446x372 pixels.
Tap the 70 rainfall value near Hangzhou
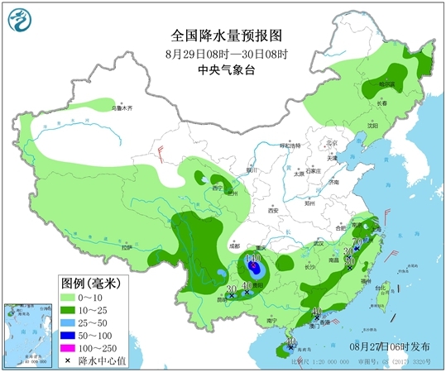[357, 242]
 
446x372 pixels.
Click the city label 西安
[272, 211]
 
